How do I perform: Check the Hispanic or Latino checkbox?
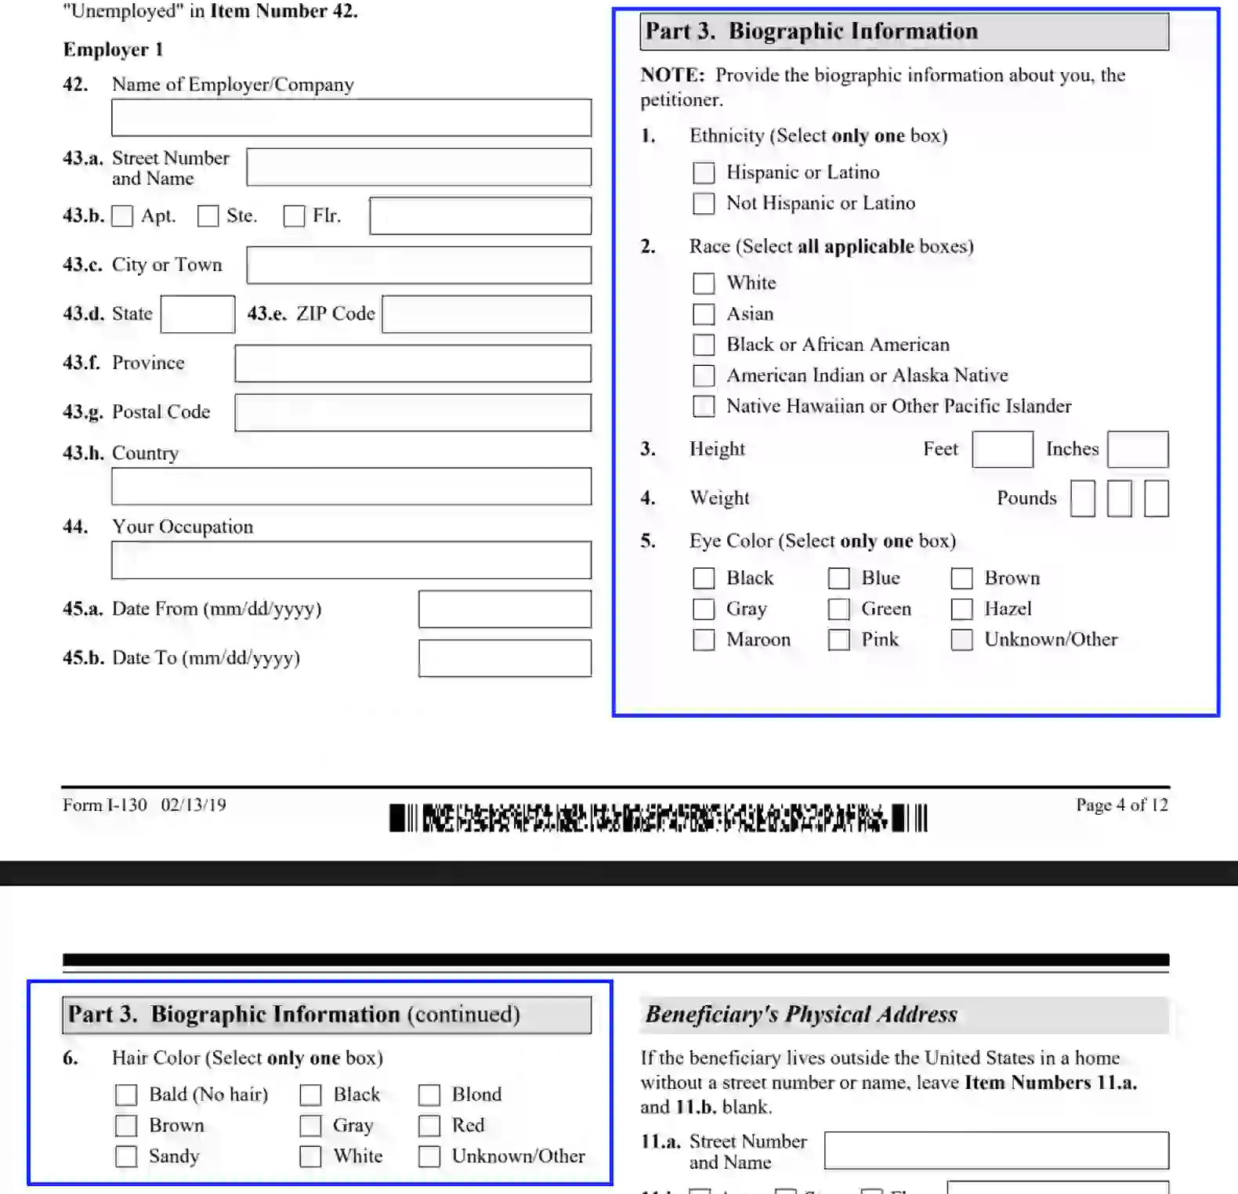click(703, 172)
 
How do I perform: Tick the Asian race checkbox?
click(703, 314)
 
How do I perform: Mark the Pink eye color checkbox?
click(838, 640)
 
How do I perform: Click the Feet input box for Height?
click(1001, 450)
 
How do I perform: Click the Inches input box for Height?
click(1137, 450)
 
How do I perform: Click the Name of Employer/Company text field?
click(351, 118)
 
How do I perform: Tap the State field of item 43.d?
click(197, 314)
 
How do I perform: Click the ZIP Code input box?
click(486, 314)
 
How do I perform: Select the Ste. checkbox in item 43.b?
click(208, 216)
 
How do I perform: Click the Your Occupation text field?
click(351, 560)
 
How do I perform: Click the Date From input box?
click(504, 610)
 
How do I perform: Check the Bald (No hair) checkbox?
click(126, 1094)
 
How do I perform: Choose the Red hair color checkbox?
click(429, 1126)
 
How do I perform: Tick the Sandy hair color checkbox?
click(126, 1156)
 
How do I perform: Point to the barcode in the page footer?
click(658, 818)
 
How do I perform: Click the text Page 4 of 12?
click(1121, 805)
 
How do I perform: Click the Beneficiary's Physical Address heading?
click(801, 1015)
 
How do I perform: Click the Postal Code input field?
click(412, 412)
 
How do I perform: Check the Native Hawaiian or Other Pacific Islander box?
click(703, 407)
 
